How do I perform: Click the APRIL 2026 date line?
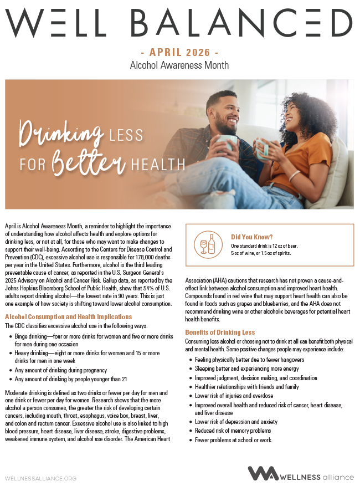(x=179, y=53)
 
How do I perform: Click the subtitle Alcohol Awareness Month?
(x=179, y=65)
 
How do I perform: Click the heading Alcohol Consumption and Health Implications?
(x=68, y=317)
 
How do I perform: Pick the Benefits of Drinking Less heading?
(x=219, y=332)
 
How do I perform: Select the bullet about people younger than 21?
(x=71, y=379)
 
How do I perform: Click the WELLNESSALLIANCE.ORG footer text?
(x=40, y=478)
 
